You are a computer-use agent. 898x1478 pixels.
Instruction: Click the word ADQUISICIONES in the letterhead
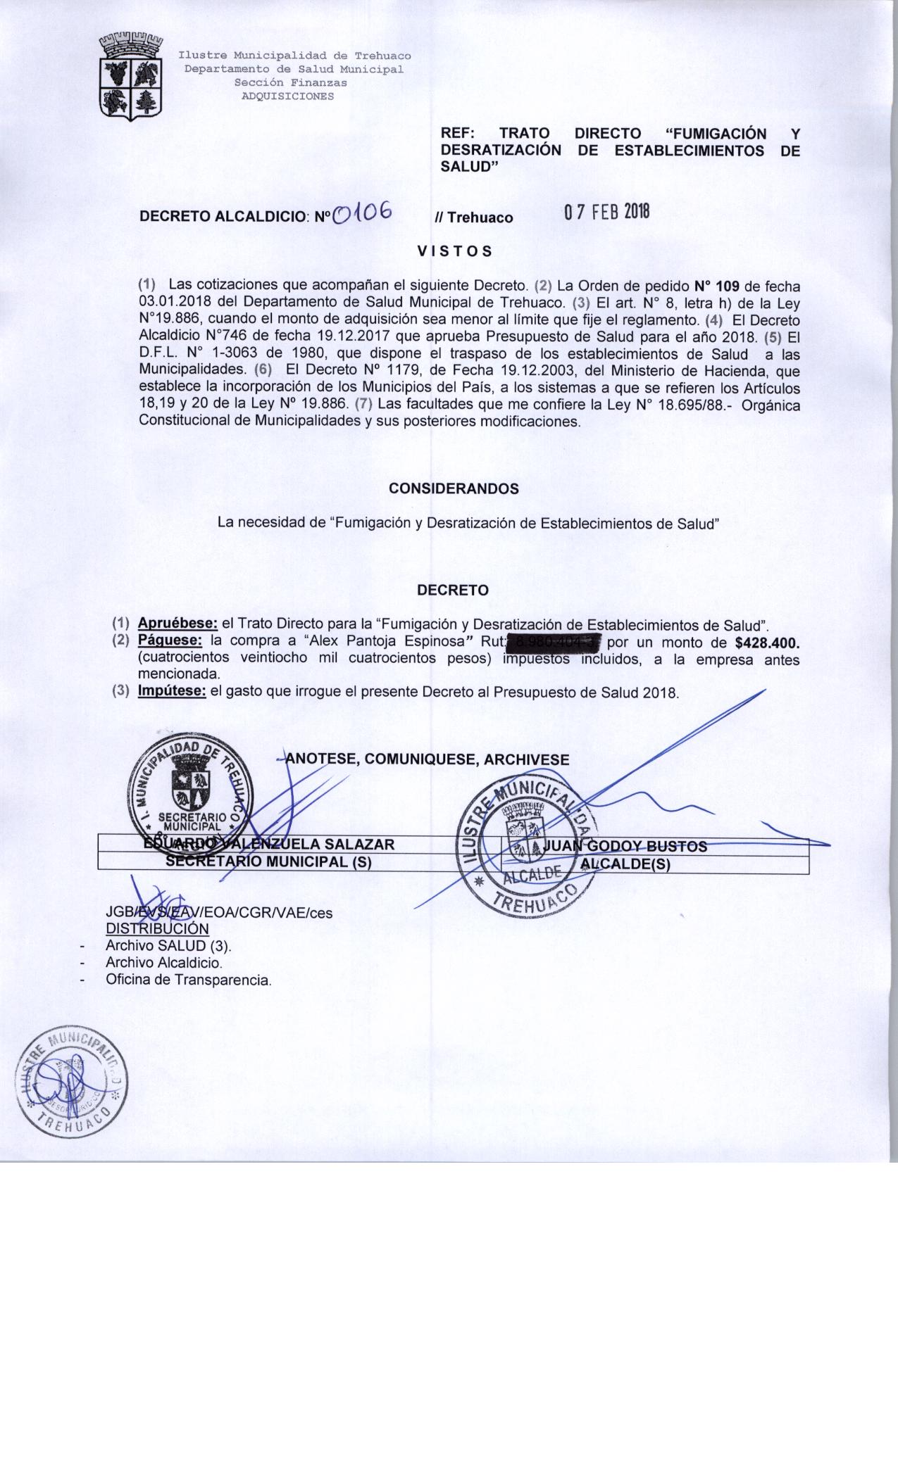click(x=287, y=96)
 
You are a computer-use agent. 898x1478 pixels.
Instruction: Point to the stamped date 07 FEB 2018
click(x=606, y=212)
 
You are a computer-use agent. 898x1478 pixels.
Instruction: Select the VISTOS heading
click(x=454, y=251)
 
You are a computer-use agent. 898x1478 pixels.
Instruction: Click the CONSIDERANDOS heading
click(x=454, y=488)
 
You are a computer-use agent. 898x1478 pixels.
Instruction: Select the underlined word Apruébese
click(x=177, y=624)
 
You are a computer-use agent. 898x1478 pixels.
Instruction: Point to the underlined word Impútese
click(x=172, y=691)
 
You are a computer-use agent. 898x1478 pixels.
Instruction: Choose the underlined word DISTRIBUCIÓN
click(x=157, y=929)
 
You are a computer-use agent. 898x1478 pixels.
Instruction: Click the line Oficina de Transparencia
click(x=188, y=980)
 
